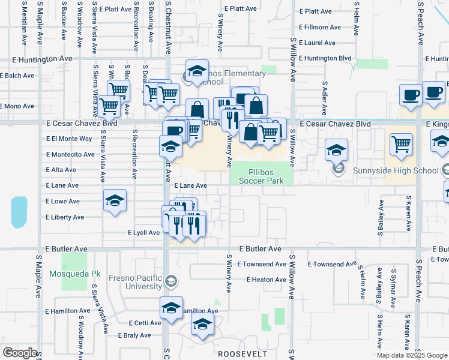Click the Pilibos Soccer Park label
point(261,175)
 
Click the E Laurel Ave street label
point(316,43)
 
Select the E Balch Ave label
point(17,75)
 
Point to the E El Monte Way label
point(68,138)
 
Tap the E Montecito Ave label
point(70,154)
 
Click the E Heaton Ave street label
point(265,280)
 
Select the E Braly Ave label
point(134,336)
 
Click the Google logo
point(20,353)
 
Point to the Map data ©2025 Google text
point(412,355)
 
